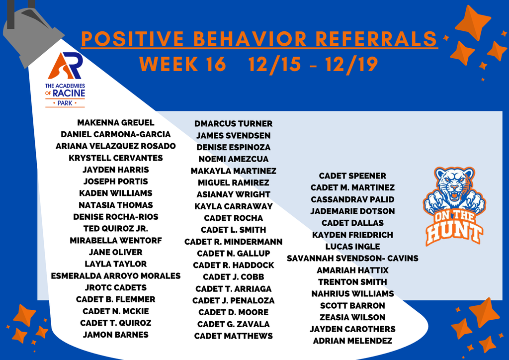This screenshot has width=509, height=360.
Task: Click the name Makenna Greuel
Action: pyautogui.click(x=116, y=122)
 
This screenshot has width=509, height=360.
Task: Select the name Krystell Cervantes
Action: pyautogui.click(x=116, y=158)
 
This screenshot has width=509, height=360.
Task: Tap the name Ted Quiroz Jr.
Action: pyautogui.click(x=116, y=229)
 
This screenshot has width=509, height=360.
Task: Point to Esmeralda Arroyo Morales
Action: pyautogui.click(x=116, y=275)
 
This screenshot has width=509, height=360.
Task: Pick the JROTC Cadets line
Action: pyautogui.click(x=116, y=287)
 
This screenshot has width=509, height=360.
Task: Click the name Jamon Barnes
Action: pyautogui.click(x=116, y=335)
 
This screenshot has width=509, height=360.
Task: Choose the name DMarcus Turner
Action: pyautogui.click(x=233, y=124)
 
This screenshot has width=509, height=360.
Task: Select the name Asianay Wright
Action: pyautogui.click(x=233, y=194)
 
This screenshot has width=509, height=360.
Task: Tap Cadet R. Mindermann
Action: pyautogui.click(x=233, y=242)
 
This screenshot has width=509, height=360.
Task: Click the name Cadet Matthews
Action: pyautogui.click(x=233, y=336)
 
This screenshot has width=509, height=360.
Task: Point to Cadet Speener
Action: pyautogui.click(x=352, y=176)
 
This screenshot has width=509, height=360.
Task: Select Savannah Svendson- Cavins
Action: pyautogui.click(x=352, y=258)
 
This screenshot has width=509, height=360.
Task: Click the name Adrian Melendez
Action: pyautogui.click(x=352, y=341)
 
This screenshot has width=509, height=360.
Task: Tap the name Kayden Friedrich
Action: pyautogui.click(x=352, y=235)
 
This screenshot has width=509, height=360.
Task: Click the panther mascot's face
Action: pyautogui.click(x=454, y=186)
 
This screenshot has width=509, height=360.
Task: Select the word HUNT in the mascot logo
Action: pyautogui.click(x=454, y=231)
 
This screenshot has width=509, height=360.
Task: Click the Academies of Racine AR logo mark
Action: pyautogui.click(x=65, y=66)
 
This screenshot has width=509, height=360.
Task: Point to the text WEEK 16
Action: pyautogui.click(x=182, y=65)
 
